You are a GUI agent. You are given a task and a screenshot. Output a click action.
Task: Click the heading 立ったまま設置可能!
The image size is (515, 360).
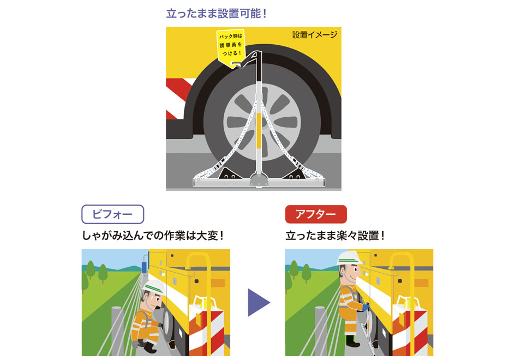[217, 14]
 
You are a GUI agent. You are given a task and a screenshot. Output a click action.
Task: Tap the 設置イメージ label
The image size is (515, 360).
[315, 34]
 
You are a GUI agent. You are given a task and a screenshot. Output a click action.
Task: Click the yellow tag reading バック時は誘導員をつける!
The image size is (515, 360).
[231, 47]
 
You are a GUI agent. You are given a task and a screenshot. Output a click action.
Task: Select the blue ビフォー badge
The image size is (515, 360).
[112, 214]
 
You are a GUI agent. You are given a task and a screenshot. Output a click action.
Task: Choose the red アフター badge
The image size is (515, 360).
[316, 214]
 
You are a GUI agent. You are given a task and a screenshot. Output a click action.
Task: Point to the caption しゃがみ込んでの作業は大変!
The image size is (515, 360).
[153, 236]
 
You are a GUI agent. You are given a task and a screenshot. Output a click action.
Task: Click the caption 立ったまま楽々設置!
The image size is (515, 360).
[335, 236]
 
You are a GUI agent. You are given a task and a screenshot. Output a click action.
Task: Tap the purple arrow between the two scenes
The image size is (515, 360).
[258, 303]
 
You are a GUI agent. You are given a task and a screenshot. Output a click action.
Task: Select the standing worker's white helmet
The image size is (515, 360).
[350, 258]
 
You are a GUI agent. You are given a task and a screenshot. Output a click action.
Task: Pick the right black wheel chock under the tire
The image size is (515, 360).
[296, 173]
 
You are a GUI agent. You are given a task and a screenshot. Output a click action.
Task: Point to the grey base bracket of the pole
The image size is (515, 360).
[259, 181]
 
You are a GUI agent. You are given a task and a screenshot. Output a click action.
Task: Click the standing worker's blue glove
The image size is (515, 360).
[366, 307]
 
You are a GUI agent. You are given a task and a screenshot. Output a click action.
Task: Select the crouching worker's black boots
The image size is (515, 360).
[147, 346]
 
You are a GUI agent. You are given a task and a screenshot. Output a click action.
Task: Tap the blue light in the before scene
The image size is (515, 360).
[143, 267]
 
